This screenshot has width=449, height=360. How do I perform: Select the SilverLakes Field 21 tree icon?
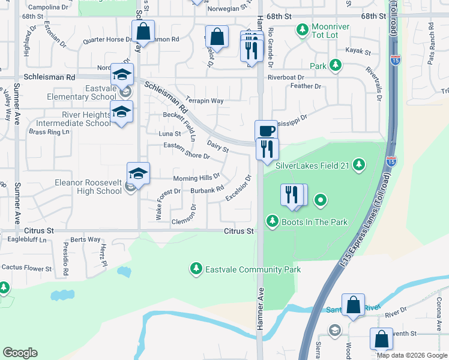pyautogui.click(x=359, y=164)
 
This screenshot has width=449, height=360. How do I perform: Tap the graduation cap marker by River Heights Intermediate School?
pyautogui.click(x=121, y=112)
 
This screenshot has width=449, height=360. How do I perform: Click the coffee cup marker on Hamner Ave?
pyautogui.click(x=266, y=131)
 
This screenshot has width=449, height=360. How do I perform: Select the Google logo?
pyautogui.click(x=20, y=353)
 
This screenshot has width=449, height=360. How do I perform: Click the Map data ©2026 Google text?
pyautogui.click(x=412, y=355)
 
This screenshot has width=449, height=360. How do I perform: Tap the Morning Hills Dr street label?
pyautogui.click(x=197, y=178)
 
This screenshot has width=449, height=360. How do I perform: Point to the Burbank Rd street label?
pyautogui.click(x=207, y=190)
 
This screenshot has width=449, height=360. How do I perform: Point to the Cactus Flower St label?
pyautogui.click(x=26, y=268)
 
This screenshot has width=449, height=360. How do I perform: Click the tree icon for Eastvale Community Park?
pyautogui.click(x=195, y=268)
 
